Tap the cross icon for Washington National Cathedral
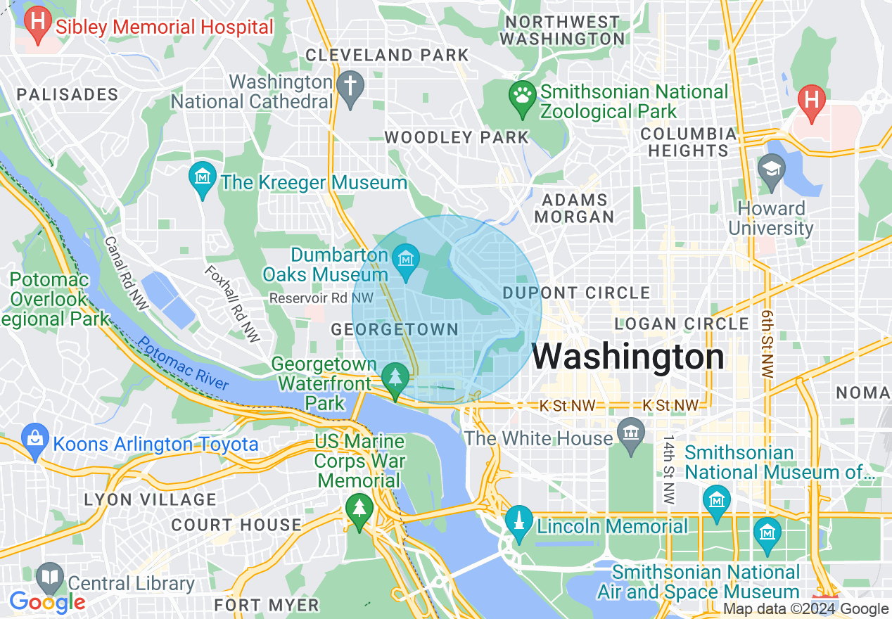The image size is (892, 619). (x=350, y=87)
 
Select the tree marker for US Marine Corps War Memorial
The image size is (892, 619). (x=359, y=509)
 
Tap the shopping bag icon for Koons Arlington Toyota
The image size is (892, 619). (x=35, y=439)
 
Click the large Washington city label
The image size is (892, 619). (x=627, y=357)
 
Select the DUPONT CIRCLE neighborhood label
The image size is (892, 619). (x=576, y=293)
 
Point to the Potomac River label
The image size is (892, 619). (x=184, y=363)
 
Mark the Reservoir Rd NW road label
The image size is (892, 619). (x=321, y=298)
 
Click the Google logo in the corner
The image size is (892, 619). (x=47, y=603)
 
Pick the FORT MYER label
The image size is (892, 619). (x=267, y=605)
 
